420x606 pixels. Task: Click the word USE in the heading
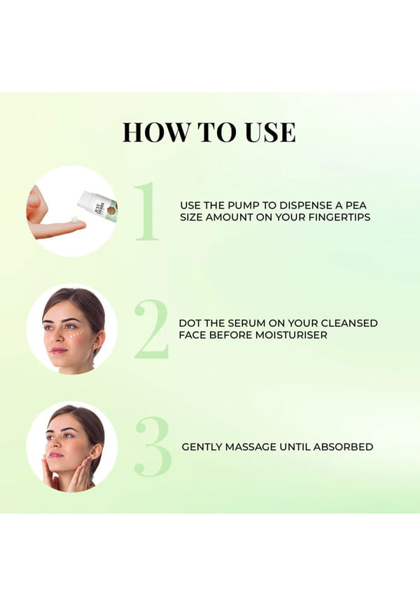tap(270, 132)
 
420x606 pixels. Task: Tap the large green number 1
tap(147, 211)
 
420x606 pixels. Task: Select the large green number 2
tap(152, 329)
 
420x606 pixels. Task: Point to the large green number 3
tap(153, 446)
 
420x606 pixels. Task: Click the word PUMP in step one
tap(244, 205)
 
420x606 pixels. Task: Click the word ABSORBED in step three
tap(343, 447)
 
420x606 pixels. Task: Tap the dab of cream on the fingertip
tap(75, 219)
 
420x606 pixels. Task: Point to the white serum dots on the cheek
tap(76, 334)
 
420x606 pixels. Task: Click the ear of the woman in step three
tap(96, 452)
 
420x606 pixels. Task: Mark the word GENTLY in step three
tap(202, 447)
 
